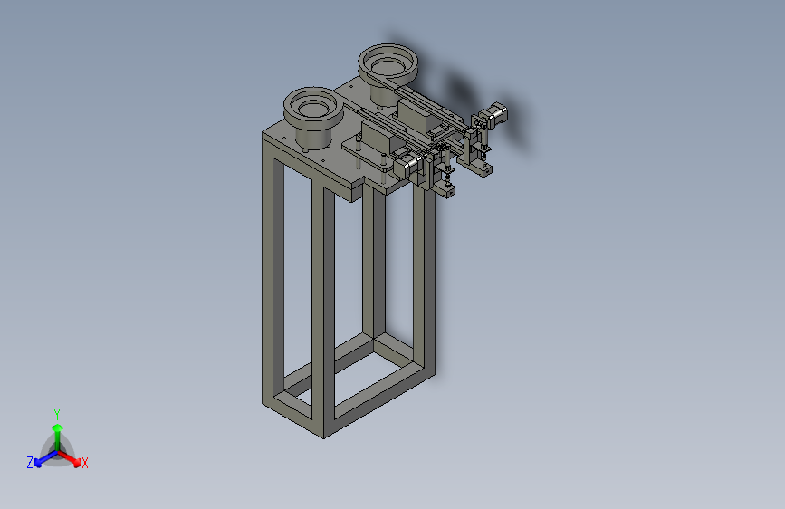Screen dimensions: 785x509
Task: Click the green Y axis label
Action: click(x=57, y=415)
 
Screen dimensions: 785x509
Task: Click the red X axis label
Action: click(x=84, y=464)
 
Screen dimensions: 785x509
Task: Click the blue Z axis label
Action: click(x=30, y=463)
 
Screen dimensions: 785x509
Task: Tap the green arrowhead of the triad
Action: click(x=58, y=427)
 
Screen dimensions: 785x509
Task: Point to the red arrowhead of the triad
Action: click(x=77, y=462)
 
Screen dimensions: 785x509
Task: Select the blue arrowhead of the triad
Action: click(x=38, y=463)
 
